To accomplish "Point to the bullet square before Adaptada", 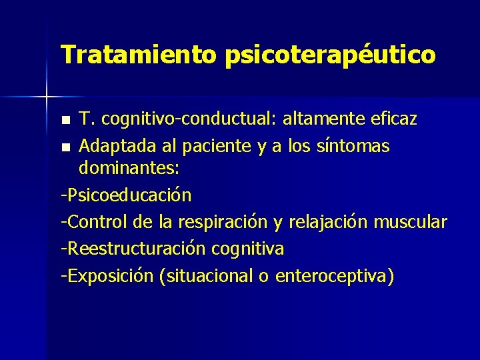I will coord(65,146).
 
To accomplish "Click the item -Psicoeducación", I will coord(126,195).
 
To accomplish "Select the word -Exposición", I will coord(107,275).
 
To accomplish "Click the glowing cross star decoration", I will coord(47,97).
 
